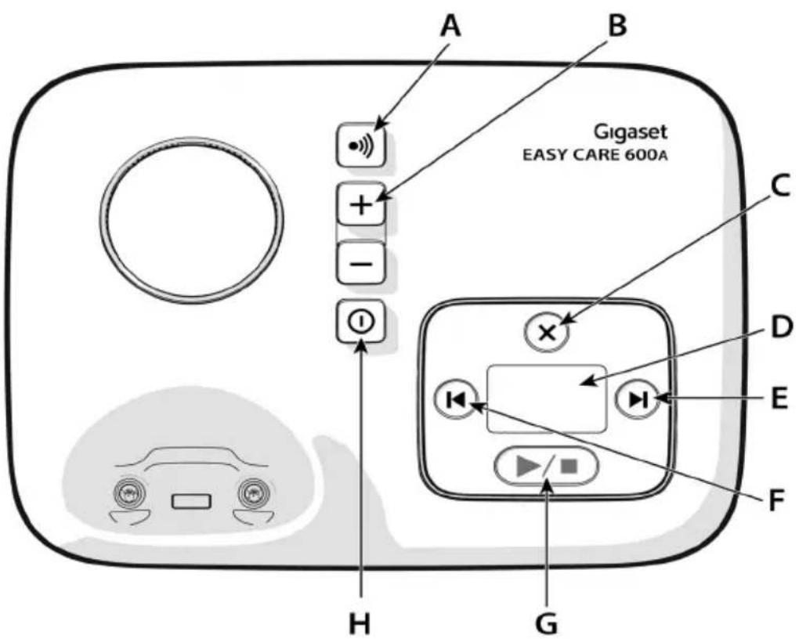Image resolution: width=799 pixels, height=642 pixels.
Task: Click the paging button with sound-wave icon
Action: pyautogui.click(x=361, y=145)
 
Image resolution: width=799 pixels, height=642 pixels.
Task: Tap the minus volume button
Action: pyautogui.click(x=361, y=263)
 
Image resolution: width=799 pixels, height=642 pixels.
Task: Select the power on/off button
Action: pyautogui.click(x=361, y=321)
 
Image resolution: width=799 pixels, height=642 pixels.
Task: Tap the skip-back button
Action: pyautogui.click(x=456, y=400)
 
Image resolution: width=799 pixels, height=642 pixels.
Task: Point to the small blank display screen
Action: pyautogui.click(x=546, y=399)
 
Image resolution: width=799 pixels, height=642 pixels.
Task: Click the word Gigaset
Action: pyautogui.click(x=630, y=132)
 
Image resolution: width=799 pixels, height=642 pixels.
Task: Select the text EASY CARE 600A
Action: pyautogui.click(x=595, y=155)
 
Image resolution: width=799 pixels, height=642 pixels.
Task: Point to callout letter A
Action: pyautogui.click(x=450, y=27)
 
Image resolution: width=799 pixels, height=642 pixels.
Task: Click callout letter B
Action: pyautogui.click(x=616, y=26)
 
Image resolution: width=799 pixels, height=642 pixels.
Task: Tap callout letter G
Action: pyautogui.click(x=546, y=622)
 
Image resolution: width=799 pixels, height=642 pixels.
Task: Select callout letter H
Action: pyautogui.click(x=360, y=622)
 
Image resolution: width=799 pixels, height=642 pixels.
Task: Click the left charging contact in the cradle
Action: pyautogui.click(x=129, y=492)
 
